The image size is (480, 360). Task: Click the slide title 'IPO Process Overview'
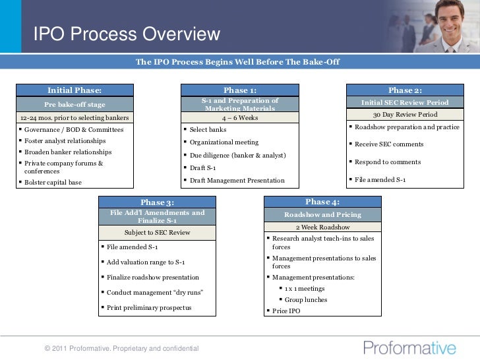[127, 34]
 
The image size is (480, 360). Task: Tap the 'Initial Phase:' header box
[74, 90]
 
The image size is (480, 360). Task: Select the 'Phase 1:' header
[239, 90]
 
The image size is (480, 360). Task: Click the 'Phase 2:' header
[405, 90]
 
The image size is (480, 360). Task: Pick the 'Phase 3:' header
[157, 202]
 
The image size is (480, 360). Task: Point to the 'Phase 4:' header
[322, 201]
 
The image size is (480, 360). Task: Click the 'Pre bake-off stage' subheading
[74, 104]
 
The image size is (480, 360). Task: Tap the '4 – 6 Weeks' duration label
[239, 118]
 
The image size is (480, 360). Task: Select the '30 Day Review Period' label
[405, 114]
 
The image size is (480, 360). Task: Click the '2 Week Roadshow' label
[322, 227]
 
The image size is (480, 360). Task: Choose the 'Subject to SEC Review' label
[157, 232]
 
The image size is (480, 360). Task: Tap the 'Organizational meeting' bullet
[224, 142]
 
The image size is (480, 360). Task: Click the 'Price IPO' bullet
[285, 311]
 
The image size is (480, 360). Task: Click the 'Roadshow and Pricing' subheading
[322, 214]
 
